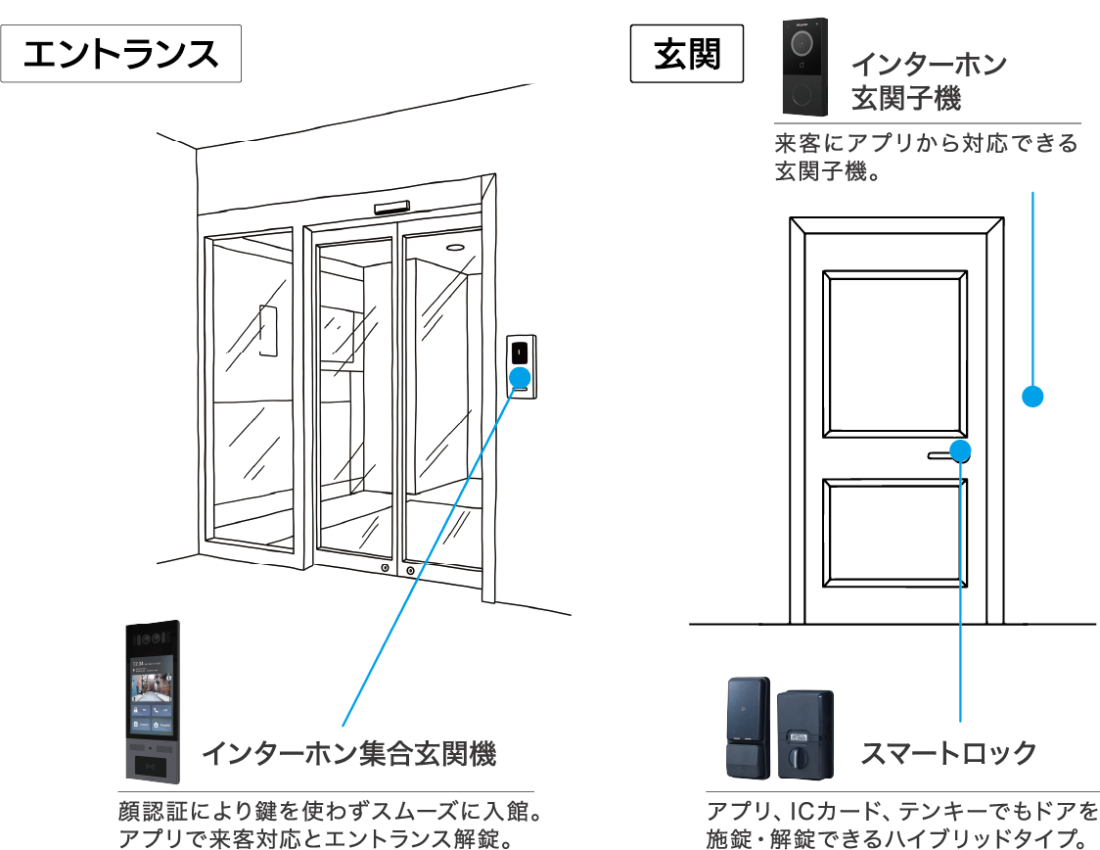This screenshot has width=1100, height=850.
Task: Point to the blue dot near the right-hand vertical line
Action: pyautogui.click(x=961, y=450)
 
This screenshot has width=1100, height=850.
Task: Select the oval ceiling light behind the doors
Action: pyautogui.click(x=455, y=248)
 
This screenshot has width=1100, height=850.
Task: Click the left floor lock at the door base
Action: pyautogui.click(x=385, y=569)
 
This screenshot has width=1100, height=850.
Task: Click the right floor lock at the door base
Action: pyautogui.click(x=410, y=570)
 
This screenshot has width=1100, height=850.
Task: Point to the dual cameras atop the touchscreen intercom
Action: pyautogui.click(x=151, y=637)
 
